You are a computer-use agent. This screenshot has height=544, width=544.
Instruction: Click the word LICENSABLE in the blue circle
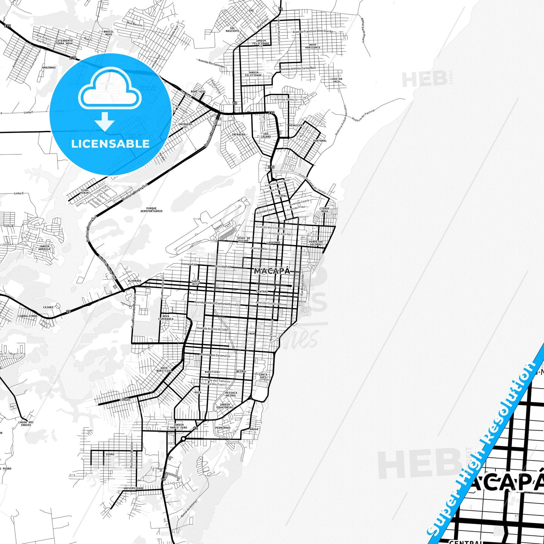(x=110, y=144)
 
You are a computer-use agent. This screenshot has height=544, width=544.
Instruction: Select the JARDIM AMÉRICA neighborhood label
(x=44, y=248)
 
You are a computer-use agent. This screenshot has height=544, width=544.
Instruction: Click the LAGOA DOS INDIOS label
(x=26, y=424)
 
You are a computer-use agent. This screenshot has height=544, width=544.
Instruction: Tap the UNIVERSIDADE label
(x=134, y=488)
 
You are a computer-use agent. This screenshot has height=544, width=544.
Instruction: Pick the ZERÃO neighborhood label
(x=110, y=454)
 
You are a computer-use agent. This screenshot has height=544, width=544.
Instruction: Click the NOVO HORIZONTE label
(x=312, y=46)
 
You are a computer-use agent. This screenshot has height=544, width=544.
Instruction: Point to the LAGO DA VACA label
(x=336, y=80)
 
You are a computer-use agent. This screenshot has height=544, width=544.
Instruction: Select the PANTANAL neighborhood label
(x=320, y=141)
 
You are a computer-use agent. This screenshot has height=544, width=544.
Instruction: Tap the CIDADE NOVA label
(x=325, y=210)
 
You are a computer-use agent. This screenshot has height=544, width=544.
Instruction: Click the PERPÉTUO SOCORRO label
(x=315, y=243)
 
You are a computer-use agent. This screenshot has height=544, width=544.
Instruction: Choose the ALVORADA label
(x=134, y=281)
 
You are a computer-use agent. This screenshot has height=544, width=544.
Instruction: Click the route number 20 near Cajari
(x=68, y=311)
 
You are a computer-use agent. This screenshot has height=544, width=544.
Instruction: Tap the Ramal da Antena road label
(x=189, y=508)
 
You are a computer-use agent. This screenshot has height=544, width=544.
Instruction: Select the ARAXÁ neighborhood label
(x=254, y=429)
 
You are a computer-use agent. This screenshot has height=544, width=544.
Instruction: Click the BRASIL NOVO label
(x=108, y=33)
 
